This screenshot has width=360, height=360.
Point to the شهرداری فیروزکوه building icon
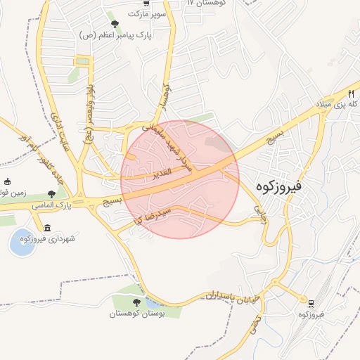(x=47, y=228)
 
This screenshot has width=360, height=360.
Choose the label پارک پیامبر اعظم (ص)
(x=116, y=34)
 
